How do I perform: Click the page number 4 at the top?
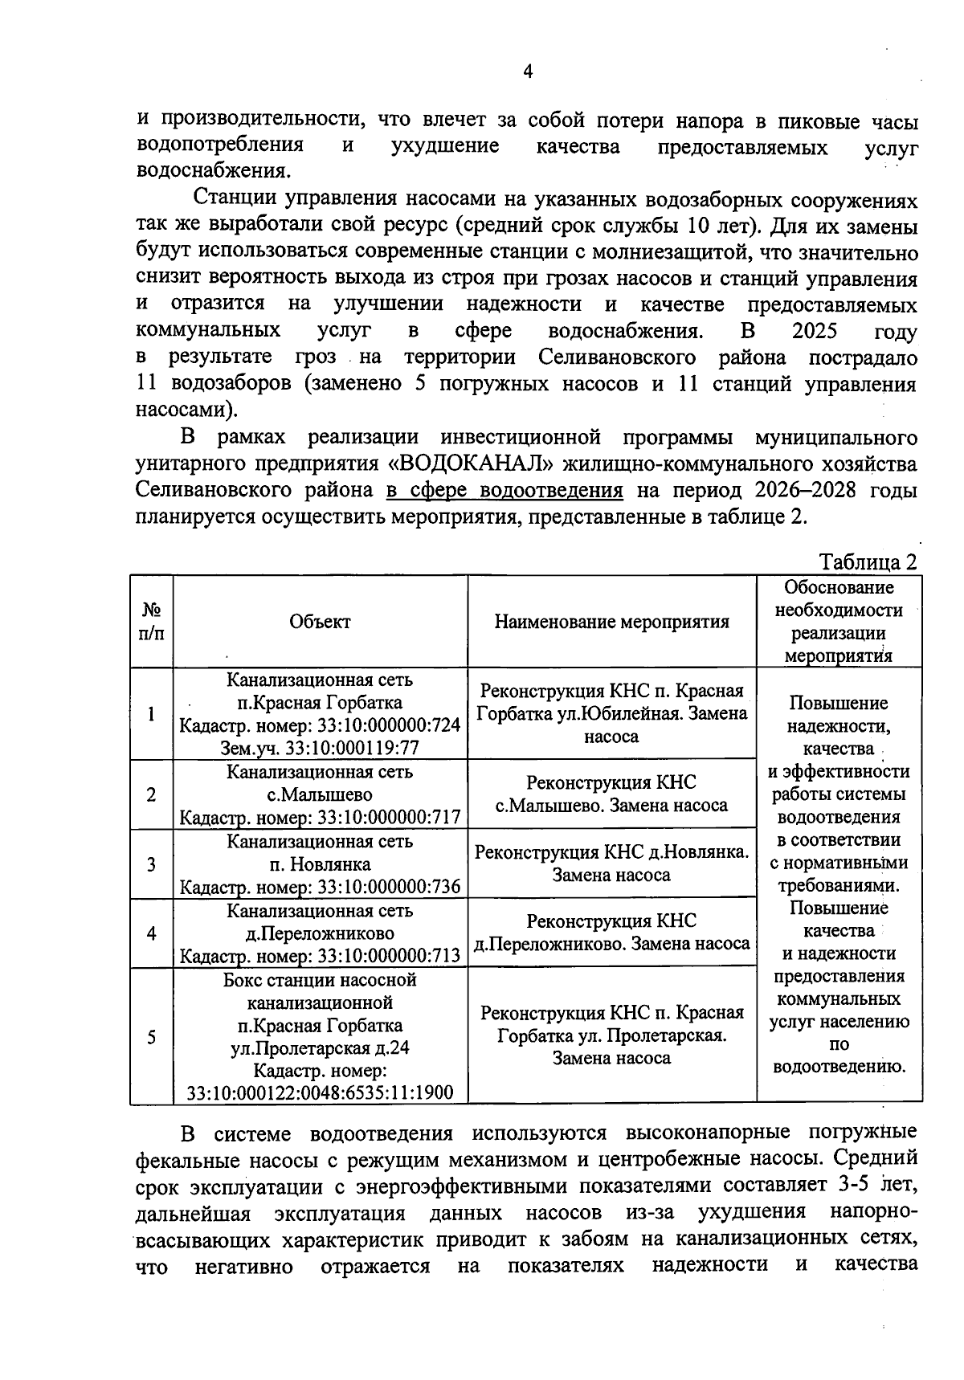click(x=528, y=72)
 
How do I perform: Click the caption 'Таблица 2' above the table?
click(x=867, y=561)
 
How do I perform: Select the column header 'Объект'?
click(x=320, y=622)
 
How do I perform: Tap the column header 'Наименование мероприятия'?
click(x=611, y=622)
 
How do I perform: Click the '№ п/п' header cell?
click(x=151, y=622)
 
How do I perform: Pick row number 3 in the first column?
click(x=151, y=864)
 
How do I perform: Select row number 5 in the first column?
click(x=151, y=1036)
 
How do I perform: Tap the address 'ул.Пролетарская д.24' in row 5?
click(x=320, y=1048)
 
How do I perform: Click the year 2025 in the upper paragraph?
click(x=814, y=331)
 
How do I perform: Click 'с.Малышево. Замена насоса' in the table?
click(x=611, y=806)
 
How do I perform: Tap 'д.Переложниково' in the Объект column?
click(x=320, y=933)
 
